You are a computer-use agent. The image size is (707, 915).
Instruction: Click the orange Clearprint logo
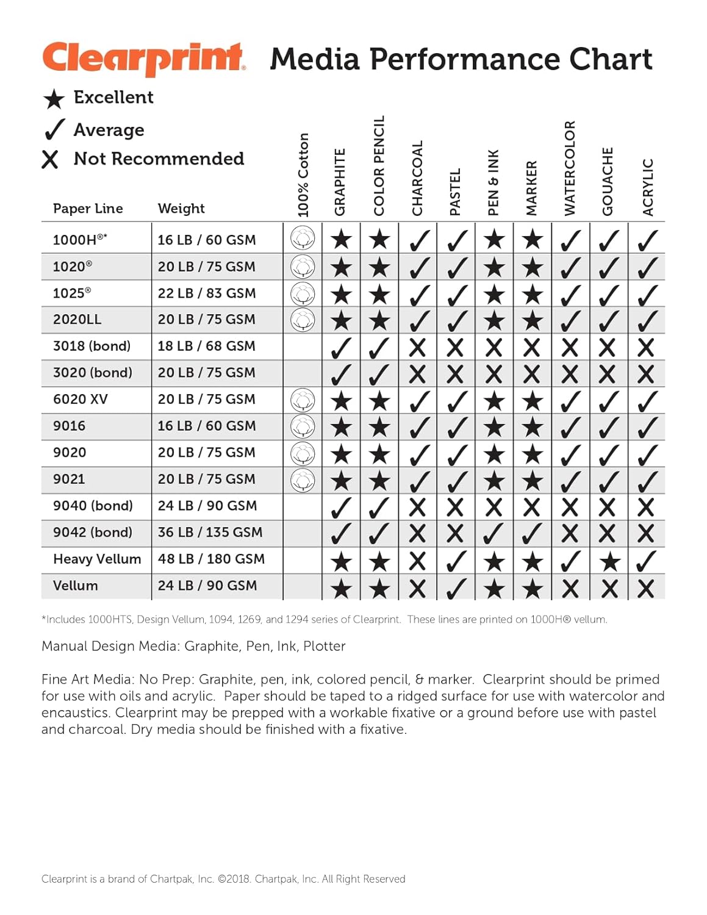144,59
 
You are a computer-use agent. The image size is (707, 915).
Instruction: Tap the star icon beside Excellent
54,99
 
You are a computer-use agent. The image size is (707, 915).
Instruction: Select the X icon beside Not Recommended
50,160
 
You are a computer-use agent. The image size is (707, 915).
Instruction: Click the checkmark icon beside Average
54,129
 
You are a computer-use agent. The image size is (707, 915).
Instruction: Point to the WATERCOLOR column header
570,168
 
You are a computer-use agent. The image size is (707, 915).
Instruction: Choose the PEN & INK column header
493,182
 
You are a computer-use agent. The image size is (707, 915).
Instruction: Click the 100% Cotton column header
303,175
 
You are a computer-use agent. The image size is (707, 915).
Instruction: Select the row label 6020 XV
81,400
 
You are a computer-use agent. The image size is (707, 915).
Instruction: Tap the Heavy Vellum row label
97,559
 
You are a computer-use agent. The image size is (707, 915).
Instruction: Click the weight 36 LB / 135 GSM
210,533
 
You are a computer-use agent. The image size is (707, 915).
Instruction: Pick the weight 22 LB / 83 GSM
206,293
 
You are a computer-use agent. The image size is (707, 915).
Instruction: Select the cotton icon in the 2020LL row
303,319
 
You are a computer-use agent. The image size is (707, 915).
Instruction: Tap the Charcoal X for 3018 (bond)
417,348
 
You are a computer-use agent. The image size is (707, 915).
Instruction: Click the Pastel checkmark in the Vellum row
456,588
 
